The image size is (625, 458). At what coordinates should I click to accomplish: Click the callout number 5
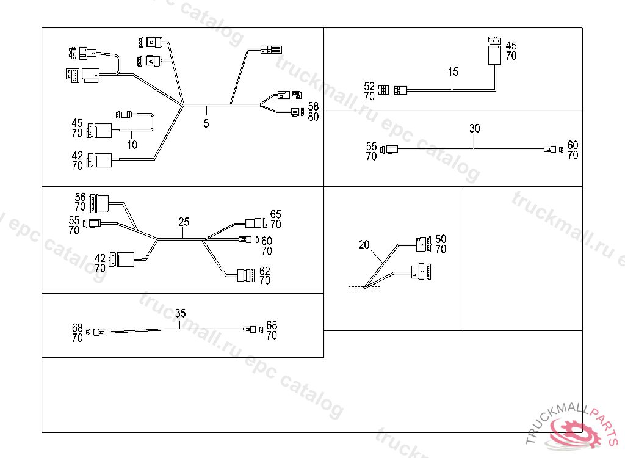206,123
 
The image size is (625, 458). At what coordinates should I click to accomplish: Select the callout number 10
132,145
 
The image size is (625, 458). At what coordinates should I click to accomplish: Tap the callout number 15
453,72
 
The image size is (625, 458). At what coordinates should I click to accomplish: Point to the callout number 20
364,245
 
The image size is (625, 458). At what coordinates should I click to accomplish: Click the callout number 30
475,129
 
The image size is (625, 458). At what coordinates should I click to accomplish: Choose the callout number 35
180,313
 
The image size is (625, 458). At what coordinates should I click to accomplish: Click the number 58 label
314,107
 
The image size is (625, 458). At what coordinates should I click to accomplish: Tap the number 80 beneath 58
314,117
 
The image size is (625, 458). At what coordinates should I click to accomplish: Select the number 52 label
369,87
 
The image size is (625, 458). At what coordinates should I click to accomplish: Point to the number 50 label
441,239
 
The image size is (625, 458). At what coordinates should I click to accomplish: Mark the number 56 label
80,197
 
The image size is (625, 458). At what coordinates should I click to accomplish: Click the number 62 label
265,271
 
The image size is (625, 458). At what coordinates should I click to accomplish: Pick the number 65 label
276,214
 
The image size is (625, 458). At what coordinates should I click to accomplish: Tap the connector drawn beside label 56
99,202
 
